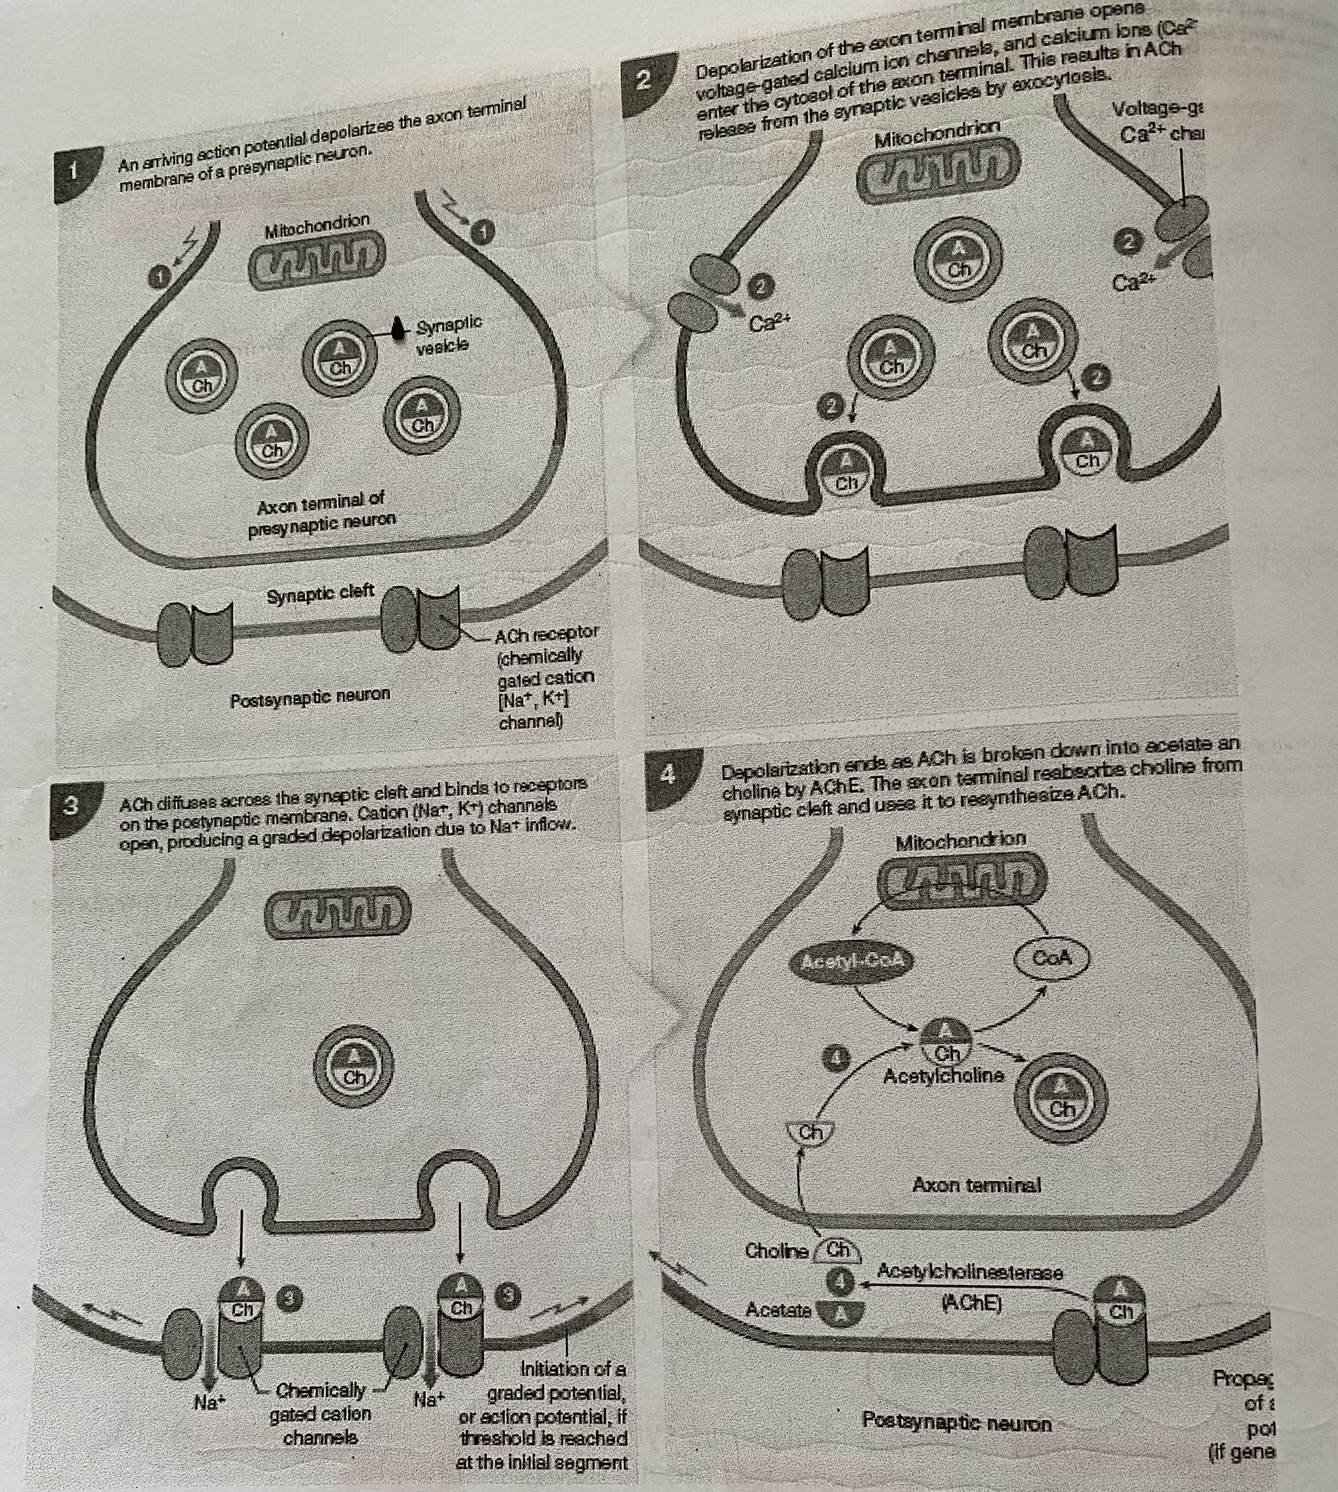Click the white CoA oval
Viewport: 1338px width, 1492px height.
click(x=1052, y=958)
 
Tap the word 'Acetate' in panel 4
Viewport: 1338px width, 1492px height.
click(x=778, y=1309)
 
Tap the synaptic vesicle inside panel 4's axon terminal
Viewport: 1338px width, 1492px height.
click(x=1060, y=1100)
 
